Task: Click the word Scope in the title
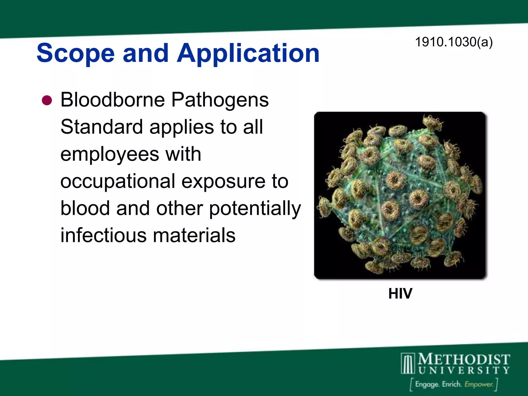pos(76,53)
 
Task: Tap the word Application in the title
pos(248,53)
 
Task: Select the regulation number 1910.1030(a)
pos(454,42)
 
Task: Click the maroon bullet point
pos(47,100)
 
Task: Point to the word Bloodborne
pos(113,100)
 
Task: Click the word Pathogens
pos(220,100)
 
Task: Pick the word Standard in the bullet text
pos(102,127)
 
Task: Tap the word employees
pos(110,155)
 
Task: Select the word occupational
pos(118,181)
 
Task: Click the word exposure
pos(224,181)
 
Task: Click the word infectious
pos(104,235)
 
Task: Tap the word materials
pos(194,235)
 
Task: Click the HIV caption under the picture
pos(400,293)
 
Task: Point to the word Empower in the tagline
pos(479,384)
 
